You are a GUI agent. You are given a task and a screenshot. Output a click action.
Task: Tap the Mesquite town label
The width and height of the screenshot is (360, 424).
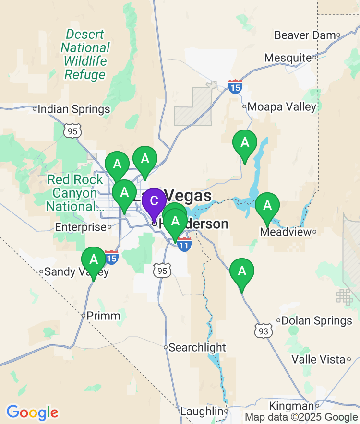click(288, 58)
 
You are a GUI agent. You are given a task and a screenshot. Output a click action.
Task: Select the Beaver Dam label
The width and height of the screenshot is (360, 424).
click(304, 35)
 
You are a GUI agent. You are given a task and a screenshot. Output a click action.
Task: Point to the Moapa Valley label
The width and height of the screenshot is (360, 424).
click(282, 106)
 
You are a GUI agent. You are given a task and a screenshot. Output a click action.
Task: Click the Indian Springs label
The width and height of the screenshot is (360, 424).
click(74, 109)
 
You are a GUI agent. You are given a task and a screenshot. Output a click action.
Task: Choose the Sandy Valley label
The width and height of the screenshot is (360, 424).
click(76, 272)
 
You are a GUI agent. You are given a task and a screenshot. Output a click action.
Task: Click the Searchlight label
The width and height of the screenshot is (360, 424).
click(197, 347)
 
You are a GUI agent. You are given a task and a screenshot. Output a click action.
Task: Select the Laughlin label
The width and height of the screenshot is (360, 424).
click(202, 412)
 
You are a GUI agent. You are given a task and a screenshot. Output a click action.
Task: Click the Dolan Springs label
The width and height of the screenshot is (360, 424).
click(317, 320)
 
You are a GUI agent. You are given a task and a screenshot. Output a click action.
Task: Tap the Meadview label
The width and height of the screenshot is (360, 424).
click(285, 232)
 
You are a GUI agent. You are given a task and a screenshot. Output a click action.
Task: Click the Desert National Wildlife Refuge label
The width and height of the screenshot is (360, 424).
click(85, 54)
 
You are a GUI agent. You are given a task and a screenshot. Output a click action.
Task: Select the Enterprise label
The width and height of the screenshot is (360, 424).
click(80, 227)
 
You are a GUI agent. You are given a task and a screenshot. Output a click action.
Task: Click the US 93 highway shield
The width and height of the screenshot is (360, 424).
click(264, 330)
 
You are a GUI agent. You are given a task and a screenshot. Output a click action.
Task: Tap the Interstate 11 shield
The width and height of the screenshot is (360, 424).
click(184, 245)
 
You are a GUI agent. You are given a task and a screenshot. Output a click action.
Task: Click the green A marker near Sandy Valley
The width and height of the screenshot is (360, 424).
click(94, 259)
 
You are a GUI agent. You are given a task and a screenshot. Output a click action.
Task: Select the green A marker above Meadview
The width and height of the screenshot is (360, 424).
click(267, 206)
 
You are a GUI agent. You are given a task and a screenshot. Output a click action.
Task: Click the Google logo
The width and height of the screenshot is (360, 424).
click(32, 412)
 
